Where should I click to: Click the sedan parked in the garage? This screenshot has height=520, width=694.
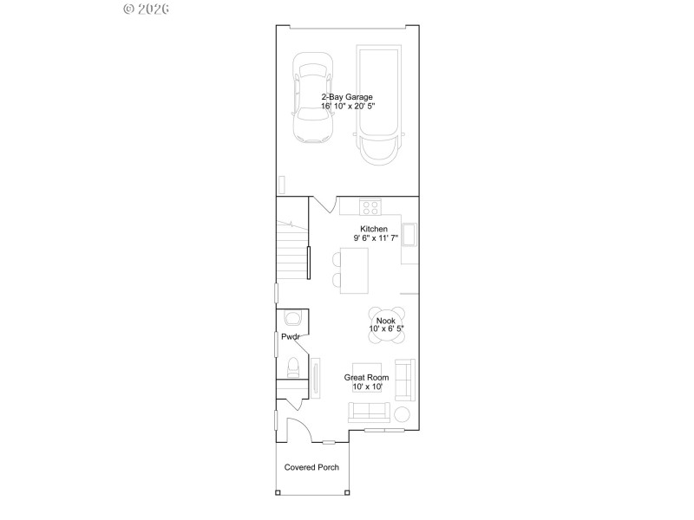pos(313,98)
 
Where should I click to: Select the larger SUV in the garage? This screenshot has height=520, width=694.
pos(380,105)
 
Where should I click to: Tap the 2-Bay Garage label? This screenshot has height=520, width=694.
pos(347,97)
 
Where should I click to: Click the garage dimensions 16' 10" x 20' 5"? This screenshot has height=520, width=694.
pos(347,106)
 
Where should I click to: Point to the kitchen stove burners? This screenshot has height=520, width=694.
pos(370,206)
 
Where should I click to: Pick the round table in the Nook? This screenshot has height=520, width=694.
pos(386,320)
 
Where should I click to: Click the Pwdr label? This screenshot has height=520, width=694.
pos(290,336)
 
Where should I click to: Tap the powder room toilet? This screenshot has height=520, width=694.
pos(293,367)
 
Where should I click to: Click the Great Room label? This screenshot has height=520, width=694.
pos(368,377)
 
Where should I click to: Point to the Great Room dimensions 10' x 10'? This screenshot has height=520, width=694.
pos(368,387)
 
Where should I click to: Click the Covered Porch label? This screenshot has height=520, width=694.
pos(311,467)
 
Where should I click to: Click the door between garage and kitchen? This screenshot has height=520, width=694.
pos(324,205)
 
